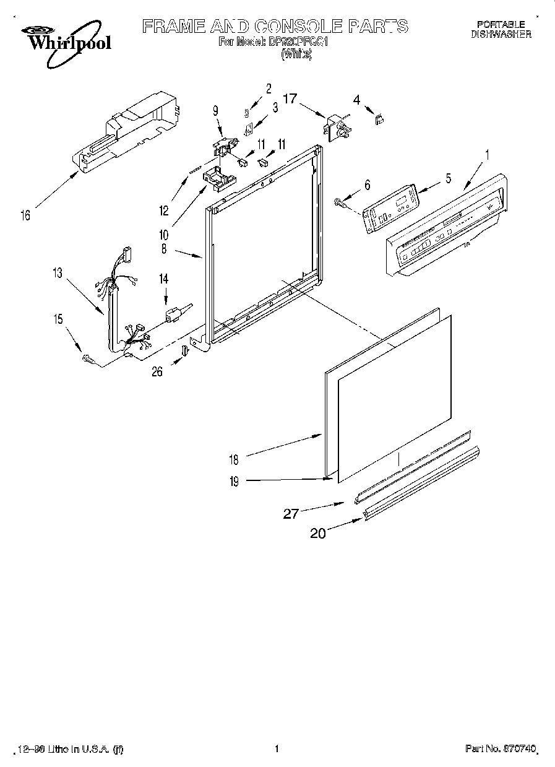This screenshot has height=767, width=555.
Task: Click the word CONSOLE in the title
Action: pyautogui.click(x=296, y=26)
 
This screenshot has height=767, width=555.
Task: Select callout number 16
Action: pyautogui.click(x=25, y=215)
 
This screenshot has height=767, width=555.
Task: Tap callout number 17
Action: pyautogui.click(x=290, y=98)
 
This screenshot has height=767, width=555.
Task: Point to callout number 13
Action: pyautogui.click(x=58, y=273)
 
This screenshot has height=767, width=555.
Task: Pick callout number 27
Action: pyautogui.click(x=291, y=513)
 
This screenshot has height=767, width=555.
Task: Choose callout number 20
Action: pyautogui.click(x=317, y=532)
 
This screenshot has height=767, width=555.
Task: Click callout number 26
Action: pyautogui.click(x=157, y=371)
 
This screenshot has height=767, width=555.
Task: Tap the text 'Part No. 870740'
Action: pyautogui.click(x=498, y=749)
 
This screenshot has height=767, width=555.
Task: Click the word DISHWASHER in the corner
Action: pyautogui.click(x=501, y=35)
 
